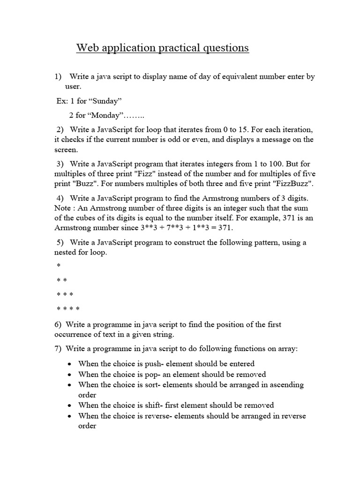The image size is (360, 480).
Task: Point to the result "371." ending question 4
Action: point(222,227)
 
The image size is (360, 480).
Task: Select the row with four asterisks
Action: point(68,309)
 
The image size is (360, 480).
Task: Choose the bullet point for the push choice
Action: point(69,364)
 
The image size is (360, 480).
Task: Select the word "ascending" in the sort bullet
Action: point(286,384)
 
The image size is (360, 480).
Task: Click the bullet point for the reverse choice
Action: point(69,416)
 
